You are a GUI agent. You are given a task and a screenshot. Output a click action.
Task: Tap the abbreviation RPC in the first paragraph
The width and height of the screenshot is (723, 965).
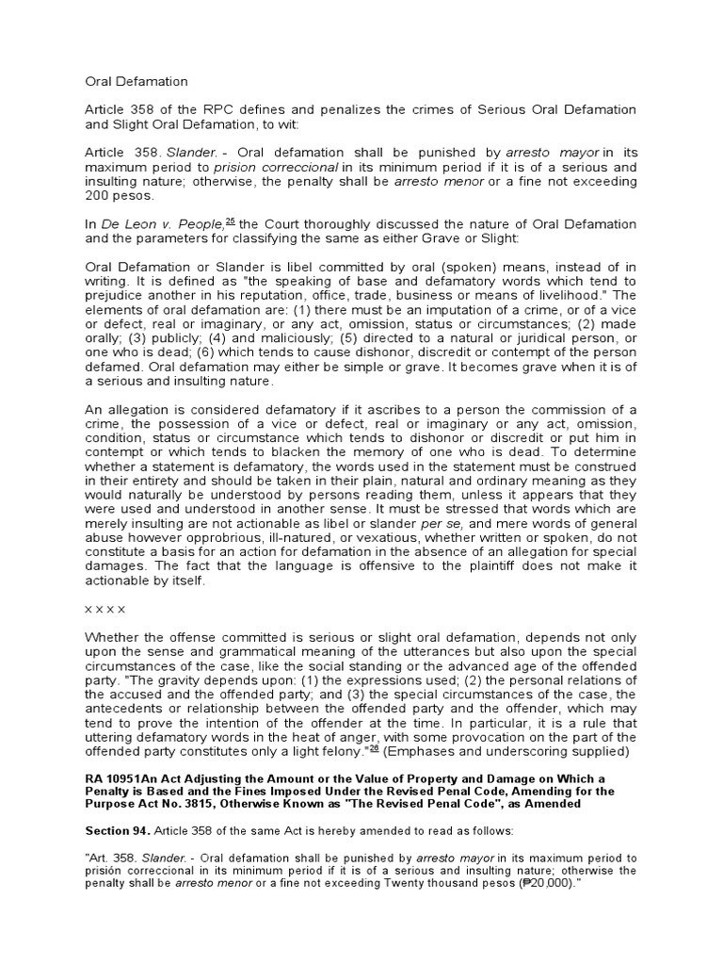click(x=217, y=110)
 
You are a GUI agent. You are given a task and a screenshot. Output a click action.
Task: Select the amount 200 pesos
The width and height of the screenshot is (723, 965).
click(x=120, y=195)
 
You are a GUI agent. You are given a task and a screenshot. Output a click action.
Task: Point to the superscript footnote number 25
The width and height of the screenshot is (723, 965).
click(x=230, y=221)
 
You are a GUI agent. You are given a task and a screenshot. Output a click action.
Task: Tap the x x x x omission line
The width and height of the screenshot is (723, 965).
click(x=105, y=609)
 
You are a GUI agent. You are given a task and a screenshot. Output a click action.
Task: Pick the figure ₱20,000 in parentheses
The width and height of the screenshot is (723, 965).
click(x=530, y=885)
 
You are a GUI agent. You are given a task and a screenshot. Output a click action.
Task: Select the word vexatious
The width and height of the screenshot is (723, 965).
click(x=411, y=537)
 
